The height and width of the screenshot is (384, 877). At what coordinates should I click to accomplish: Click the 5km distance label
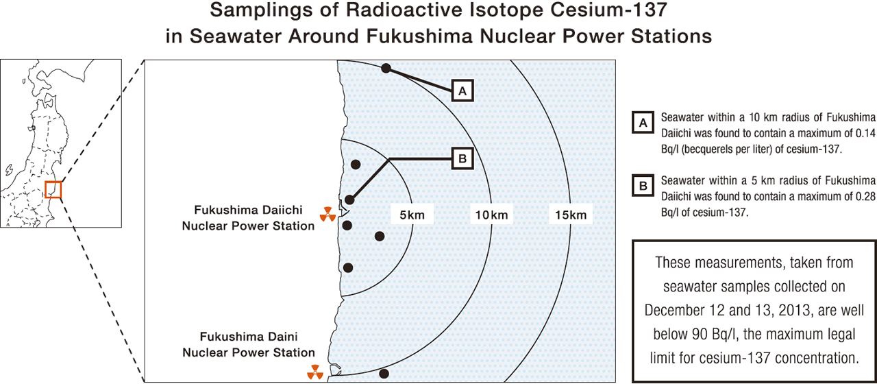tap(412, 215)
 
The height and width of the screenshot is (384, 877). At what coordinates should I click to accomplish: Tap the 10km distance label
tap(491, 215)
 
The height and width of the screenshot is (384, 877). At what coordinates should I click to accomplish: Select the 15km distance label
tap(570, 215)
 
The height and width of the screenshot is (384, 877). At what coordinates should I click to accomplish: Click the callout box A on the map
tap(462, 91)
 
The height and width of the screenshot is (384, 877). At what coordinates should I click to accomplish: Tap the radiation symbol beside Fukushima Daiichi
tap(328, 215)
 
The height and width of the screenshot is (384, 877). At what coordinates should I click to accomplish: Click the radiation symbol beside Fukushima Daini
tap(314, 372)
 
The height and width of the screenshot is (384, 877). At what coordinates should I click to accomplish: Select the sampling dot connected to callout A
tap(386, 68)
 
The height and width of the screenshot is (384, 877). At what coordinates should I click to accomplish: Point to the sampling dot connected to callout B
tap(350, 200)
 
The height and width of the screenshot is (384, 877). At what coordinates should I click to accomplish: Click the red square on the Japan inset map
tap(53, 189)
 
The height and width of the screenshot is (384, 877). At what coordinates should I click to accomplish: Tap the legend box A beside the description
tap(643, 123)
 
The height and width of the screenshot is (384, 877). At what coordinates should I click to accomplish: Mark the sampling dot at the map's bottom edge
tap(384, 374)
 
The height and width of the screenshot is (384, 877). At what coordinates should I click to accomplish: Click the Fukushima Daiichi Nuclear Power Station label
tap(248, 217)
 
